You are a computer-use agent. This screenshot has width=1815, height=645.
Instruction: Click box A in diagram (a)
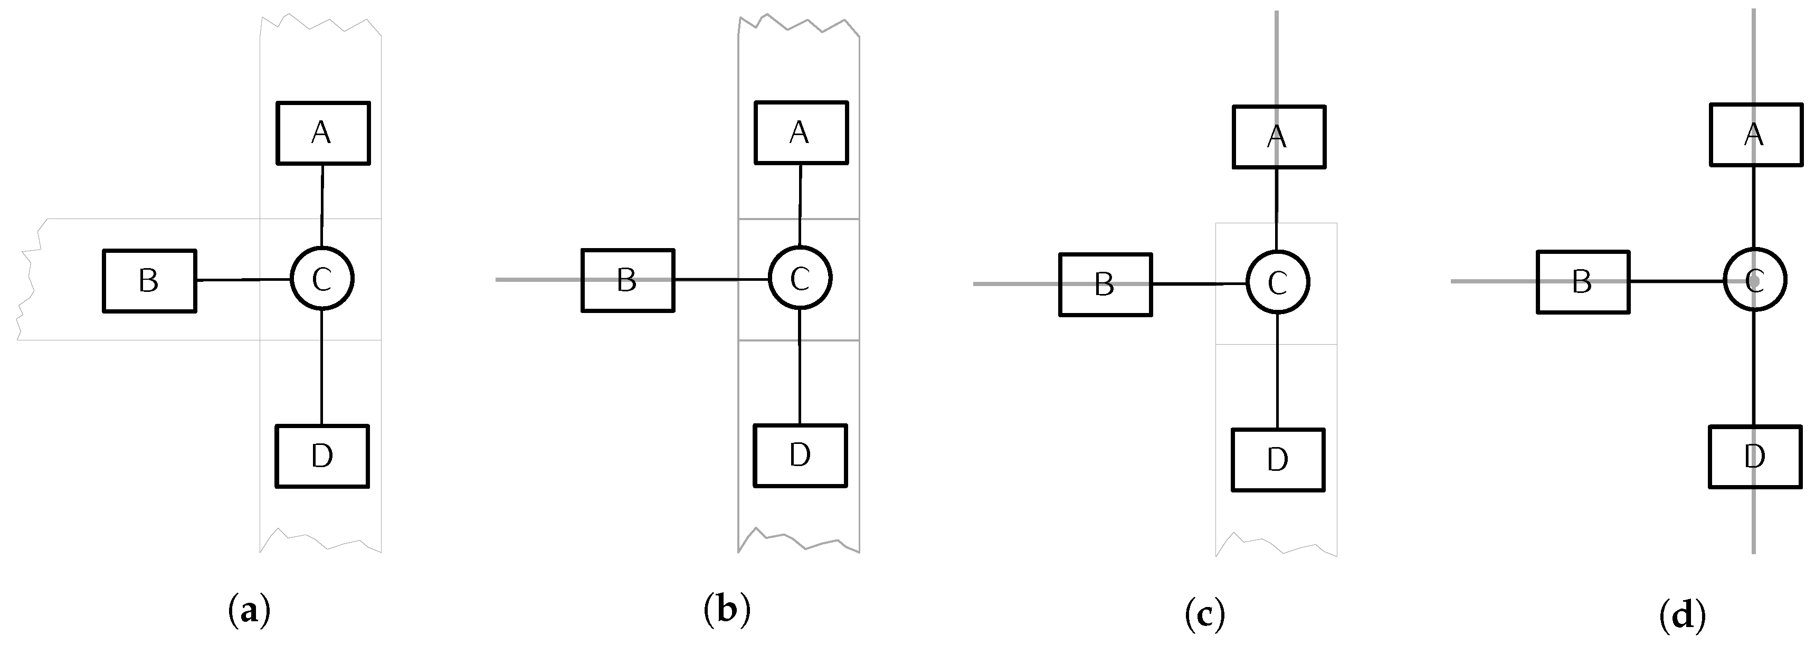pos(322,133)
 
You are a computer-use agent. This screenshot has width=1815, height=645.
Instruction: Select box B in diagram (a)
pos(149,281)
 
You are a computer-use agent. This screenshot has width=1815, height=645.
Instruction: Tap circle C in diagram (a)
pos(322,279)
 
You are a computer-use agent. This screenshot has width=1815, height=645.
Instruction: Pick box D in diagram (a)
pos(322,456)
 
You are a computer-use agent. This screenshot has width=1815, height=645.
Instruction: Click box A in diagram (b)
pos(801,132)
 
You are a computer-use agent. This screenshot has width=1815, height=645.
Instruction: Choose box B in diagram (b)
pos(628,280)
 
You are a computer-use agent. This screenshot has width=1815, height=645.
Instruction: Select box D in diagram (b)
pos(801,456)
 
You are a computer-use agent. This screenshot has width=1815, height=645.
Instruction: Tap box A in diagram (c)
pos(1279,137)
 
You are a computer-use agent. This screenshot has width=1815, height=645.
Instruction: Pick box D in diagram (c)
pos(1278,460)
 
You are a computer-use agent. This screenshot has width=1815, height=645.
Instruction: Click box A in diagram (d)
pos(1756,134)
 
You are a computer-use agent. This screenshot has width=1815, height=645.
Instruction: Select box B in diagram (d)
pos(1582,281)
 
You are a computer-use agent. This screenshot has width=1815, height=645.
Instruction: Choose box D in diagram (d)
pos(1755,457)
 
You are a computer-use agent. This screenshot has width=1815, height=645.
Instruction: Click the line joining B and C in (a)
pos(243,280)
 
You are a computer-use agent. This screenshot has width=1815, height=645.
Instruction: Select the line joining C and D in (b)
pos(800,366)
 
